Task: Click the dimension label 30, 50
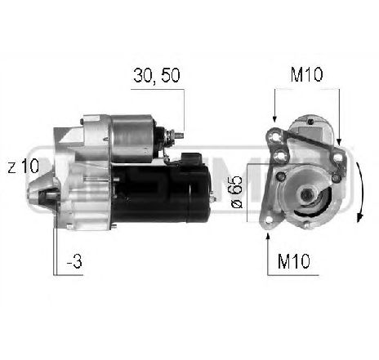[x=157, y=77]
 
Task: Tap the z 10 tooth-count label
[x=24, y=167]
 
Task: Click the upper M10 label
[x=306, y=75]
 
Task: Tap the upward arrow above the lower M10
[x=269, y=245]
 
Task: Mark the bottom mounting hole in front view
[x=270, y=217]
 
